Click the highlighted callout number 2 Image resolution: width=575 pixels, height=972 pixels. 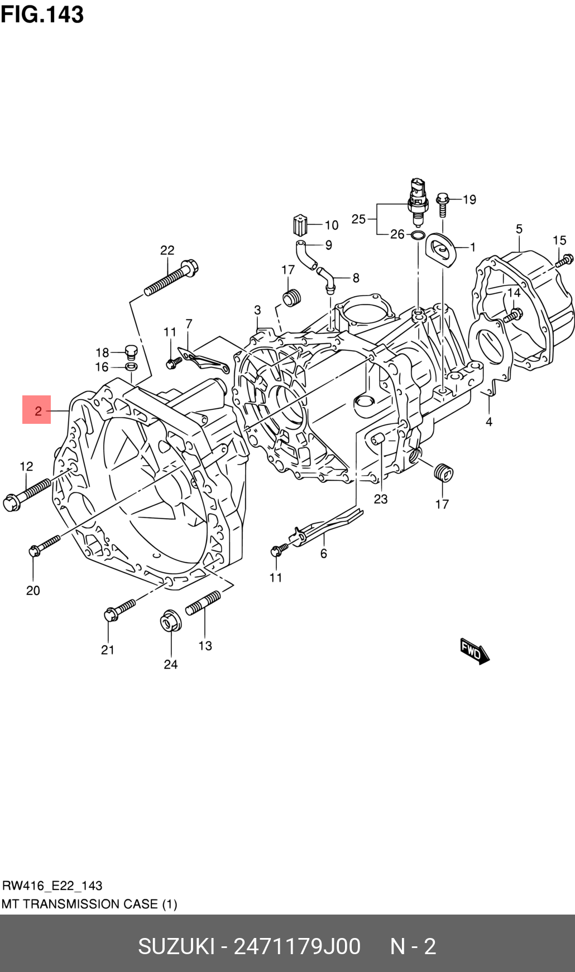click(x=37, y=410)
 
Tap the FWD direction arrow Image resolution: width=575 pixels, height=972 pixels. click(x=474, y=651)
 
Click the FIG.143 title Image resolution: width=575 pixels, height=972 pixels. click(x=42, y=14)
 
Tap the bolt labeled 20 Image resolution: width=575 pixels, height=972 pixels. click(x=44, y=545)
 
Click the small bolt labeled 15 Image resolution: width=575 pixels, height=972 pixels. click(x=564, y=259)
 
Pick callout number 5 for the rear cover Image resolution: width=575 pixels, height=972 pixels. click(x=519, y=229)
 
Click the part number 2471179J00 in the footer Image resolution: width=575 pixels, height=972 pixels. click(x=296, y=946)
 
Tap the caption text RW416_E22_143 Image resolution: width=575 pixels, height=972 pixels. click(x=52, y=885)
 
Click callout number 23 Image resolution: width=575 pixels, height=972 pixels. click(x=381, y=499)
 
